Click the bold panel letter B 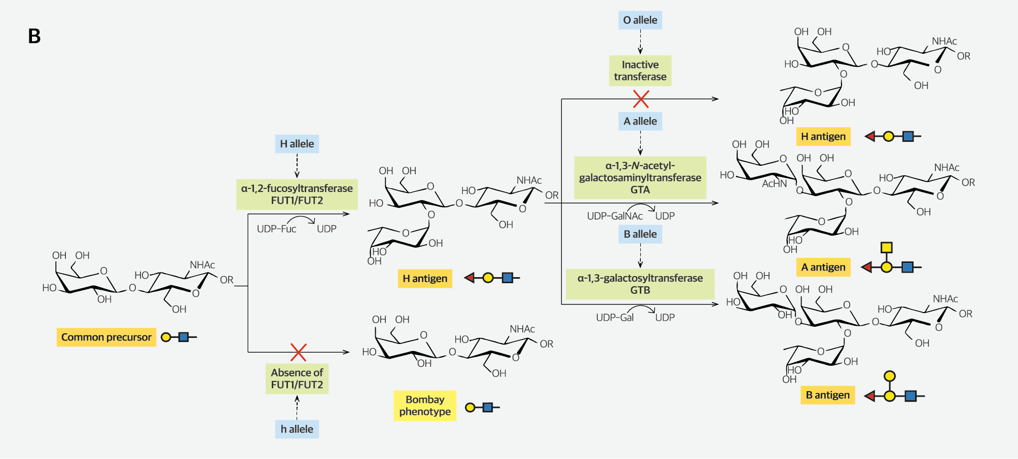34,36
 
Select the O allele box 640,20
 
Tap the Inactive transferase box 640,70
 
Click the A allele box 640,121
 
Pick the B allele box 640,234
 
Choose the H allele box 297,144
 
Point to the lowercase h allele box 297,429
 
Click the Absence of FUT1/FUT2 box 297,378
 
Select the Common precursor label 106,337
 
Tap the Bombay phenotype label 424,405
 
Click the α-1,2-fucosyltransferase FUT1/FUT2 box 297,194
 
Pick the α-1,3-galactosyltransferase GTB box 640,284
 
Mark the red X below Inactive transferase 641,99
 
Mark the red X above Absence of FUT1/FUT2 298,352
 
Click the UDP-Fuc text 276,229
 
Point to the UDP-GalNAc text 614,216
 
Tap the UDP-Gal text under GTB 614,318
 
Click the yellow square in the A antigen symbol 886,247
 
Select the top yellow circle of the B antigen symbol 889,376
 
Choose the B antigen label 827,395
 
